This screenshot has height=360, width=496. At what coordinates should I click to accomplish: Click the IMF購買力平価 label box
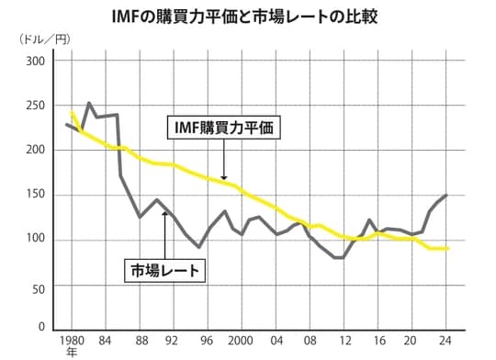(x=224, y=128)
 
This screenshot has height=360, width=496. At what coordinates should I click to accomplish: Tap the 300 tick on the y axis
(x=35, y=62)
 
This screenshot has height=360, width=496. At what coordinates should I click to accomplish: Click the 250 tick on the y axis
(x=35, y=106)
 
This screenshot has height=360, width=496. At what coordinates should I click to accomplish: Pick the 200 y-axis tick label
(x=35, y=151)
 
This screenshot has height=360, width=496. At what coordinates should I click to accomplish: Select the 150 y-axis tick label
(x=35, y=196)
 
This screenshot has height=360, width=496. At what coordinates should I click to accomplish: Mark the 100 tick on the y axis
(x=35, y=241)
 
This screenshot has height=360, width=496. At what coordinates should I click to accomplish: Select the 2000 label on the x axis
(x=240, y=337)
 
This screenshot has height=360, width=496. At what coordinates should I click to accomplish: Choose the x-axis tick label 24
(x=446, y=337)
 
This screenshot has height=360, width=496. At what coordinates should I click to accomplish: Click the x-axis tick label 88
(x=139, y=337)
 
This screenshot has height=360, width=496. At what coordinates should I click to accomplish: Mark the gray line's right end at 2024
(x=447, y=195)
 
